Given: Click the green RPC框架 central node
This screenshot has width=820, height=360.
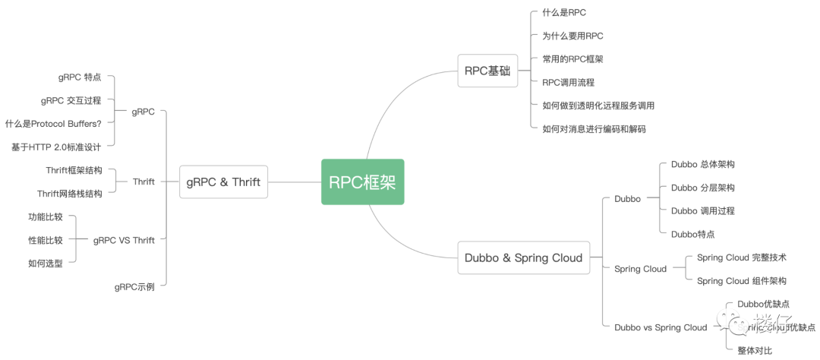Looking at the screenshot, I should click(362, 182).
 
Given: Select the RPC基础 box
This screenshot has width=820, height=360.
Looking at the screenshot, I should click(487, 71).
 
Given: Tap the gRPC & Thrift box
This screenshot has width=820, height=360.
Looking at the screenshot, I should click(223, 182).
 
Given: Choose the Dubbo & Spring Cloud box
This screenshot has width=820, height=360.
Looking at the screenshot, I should click(523, 257).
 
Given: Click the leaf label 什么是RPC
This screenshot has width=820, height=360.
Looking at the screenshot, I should click(564, 13).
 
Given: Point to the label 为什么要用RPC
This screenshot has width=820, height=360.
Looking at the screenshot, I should click(572, 36).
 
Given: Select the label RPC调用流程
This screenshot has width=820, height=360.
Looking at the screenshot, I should click(568, 82).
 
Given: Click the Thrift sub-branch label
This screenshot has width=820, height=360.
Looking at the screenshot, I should click(143, 182).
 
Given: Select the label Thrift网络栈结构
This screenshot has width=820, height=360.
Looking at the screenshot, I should click(69, 194).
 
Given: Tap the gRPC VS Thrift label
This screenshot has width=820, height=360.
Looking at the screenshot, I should click(124, 240).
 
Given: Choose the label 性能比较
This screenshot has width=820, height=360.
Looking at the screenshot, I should click(46, 240).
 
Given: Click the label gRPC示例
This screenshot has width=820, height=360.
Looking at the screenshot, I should click(134, 287).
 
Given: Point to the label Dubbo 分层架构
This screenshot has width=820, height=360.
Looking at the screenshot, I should click(702, 188).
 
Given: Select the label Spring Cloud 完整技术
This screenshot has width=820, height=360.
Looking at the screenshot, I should click(741, 257).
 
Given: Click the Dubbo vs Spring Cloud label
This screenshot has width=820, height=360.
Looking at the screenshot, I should click(660, 327).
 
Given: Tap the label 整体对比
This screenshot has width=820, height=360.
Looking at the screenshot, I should click(755, 350).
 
